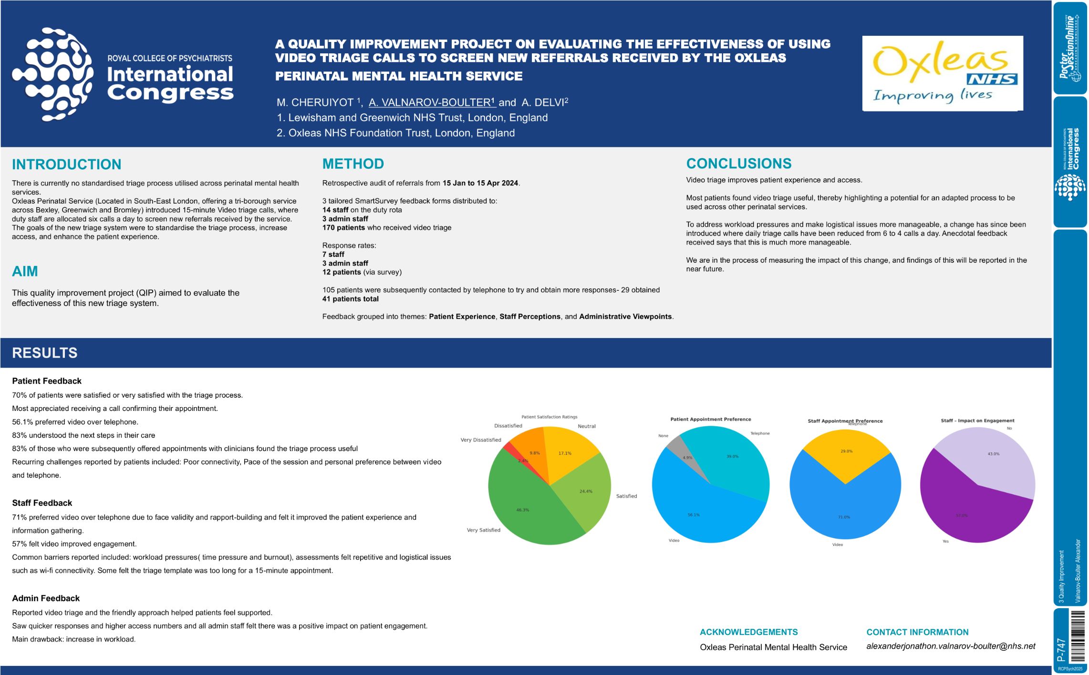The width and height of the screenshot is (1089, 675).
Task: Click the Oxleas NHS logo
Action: pos(942,73)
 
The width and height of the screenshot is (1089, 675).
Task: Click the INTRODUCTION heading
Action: pos(66,164)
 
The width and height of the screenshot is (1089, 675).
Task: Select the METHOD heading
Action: pos(353,164)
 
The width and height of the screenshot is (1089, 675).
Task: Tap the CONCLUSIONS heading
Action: pos(738,164)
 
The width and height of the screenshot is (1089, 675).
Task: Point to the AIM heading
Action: pos(25,271)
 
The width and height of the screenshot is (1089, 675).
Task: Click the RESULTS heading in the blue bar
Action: pos(44,353)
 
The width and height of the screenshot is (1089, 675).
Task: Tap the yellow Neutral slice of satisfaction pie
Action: pos(568,448)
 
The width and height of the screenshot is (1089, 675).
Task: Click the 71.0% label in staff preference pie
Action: pos(844,517)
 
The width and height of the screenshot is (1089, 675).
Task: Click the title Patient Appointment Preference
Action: pos(710,419)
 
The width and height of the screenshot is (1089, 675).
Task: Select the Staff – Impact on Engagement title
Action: pos(977,420)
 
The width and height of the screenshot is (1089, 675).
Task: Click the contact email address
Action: pos(951,646)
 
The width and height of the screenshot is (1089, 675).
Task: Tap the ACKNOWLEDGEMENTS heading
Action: pos(748,632)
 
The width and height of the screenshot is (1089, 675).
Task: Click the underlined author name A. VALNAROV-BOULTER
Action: pos(432,102)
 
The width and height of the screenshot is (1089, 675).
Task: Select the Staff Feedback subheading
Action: pos(42,503)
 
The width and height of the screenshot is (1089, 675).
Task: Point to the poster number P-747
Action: pos(1061,649)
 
